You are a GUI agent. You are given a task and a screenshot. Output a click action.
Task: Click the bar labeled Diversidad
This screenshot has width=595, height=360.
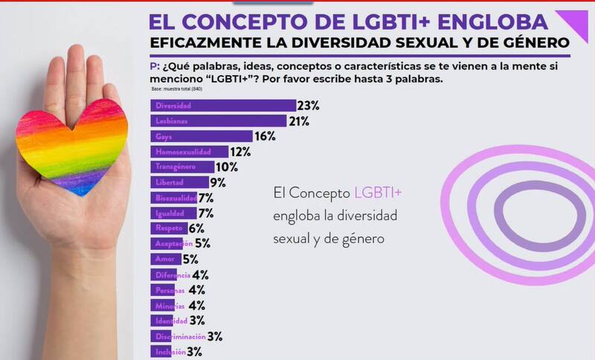(222, 106)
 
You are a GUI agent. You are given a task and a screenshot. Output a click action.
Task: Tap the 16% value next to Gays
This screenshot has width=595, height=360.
(266, 136)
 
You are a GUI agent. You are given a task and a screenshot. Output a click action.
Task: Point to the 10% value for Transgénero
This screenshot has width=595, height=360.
(226, 167)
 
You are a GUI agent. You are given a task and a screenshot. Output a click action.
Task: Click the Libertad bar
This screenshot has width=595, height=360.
(179, 182)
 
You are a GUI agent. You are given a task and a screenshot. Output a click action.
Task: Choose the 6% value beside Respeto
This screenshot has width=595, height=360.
(196, 228)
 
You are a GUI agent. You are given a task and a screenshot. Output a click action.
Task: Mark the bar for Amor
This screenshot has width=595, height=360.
(166, 259)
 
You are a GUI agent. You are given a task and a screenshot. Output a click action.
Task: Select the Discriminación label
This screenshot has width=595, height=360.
(178, 336)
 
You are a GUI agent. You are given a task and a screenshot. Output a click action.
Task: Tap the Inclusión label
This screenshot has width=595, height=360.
(167, 351)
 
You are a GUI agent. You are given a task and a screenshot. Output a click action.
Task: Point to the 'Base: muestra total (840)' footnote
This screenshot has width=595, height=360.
(176, 89)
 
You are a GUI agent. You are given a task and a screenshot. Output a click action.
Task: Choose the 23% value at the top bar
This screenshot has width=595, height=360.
(308, 106)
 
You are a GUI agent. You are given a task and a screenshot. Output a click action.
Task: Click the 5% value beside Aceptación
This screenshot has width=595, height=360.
(202, 243)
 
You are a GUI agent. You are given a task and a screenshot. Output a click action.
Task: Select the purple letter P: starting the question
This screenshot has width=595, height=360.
(155, 66)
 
